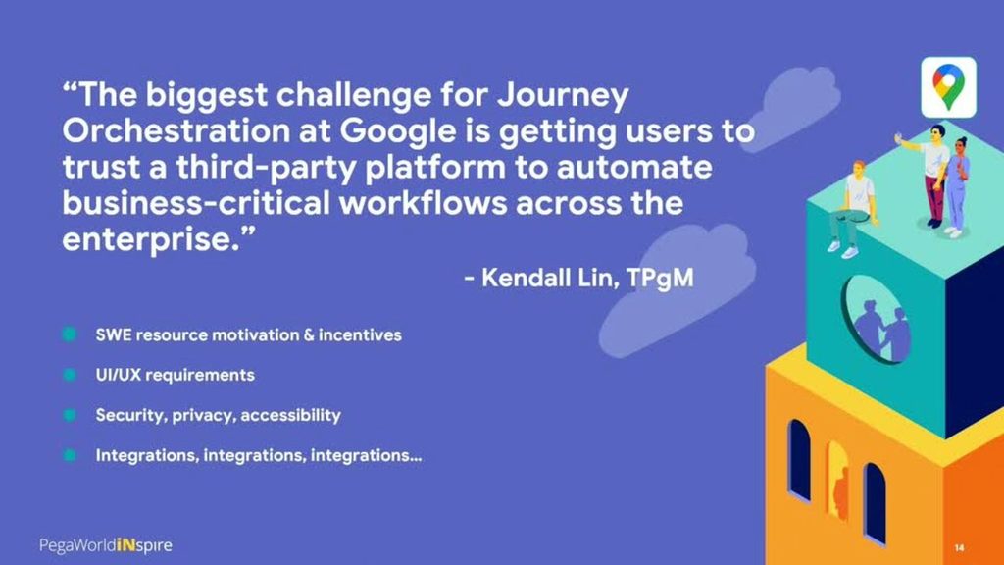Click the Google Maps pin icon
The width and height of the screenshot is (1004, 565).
click(x=948, y=87)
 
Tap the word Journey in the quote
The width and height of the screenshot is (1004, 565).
click(x=563, y=96)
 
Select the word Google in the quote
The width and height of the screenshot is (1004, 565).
click(x=398, y=132)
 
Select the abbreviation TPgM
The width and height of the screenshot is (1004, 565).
click(x=660, y=278)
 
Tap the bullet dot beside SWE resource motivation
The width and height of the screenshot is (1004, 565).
click(x=70, y=334)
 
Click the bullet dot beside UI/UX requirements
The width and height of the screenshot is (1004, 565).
click(x=70, y=374)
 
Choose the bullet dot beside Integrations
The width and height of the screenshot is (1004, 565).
click(x=70, y=455)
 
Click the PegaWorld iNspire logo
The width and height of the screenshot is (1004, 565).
click(x=106, y=545)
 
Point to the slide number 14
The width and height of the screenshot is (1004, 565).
click(x=959, y=547)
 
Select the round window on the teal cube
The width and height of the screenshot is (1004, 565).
click(x=877, y=320)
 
